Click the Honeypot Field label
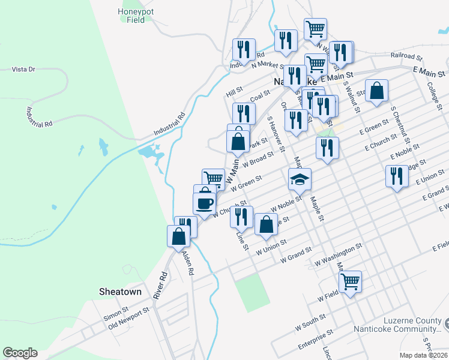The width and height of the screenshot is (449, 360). (x=131, y=15)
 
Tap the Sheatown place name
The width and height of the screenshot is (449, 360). (x=120, y=292)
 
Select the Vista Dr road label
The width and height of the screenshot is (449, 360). (x=23, y=70)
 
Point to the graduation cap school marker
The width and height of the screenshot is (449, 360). (x=300, y=179)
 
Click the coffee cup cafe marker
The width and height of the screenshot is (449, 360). (x=205, y=202)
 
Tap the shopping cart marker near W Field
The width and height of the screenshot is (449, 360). (x=349, y=280)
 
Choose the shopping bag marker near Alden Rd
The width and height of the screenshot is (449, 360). (x=179, y=236)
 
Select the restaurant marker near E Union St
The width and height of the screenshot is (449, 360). (x=396, y=176)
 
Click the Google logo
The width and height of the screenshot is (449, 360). (x=20, y=353)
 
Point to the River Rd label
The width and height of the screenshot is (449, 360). (x=159, y=284)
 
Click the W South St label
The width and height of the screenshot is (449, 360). (x=310, y=322)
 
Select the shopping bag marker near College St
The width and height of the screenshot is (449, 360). (x=376, y=91)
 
